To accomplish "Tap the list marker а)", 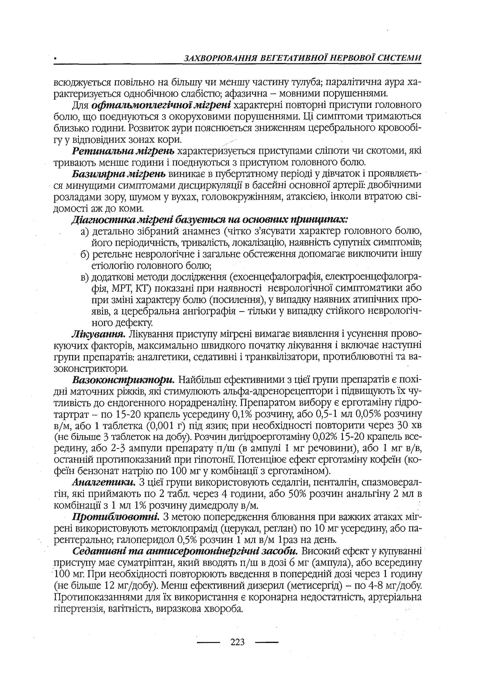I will (x=85, y=232).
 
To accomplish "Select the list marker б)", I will (x=85, y=255).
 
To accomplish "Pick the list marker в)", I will (x=85, y=277).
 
